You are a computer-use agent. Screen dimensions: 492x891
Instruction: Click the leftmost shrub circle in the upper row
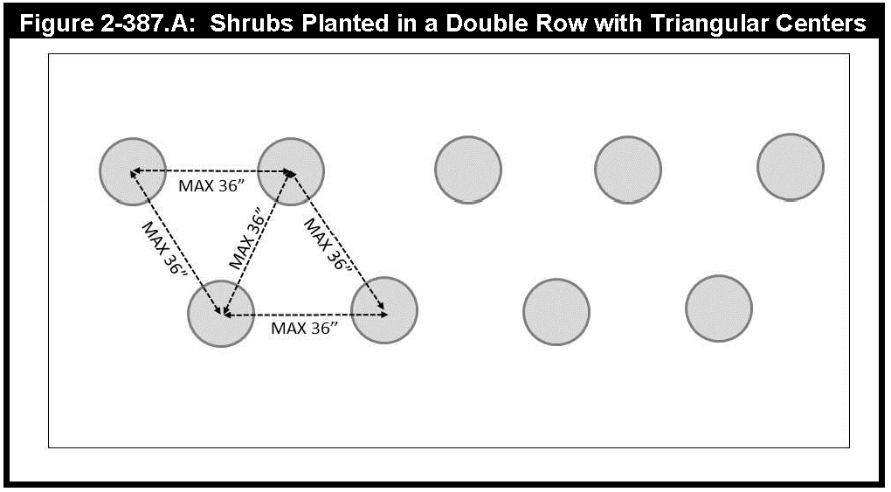(x=133, y=171)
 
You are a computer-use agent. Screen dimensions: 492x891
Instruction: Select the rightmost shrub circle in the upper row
(x=791, y=167)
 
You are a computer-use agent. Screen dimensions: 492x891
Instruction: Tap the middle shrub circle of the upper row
(x=468, y=170)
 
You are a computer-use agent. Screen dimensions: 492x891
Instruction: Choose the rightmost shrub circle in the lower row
(x=719, y=308)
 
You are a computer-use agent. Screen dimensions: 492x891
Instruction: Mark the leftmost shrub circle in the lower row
(x=221, y=313)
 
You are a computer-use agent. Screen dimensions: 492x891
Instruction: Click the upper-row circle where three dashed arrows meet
(x=291, y=171)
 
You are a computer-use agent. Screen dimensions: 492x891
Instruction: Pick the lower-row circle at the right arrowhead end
(x=384, y=311)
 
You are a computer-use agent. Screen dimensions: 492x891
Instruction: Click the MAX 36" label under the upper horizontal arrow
(x=211, y=186)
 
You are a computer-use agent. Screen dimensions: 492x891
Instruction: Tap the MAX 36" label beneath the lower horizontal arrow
(x=303, y=329)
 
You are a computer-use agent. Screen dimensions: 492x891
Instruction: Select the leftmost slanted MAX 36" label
(x=165, y=247)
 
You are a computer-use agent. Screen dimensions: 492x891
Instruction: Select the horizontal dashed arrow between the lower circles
(x=304, y=314)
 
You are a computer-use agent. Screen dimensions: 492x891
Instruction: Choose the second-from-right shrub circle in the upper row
(x=628, y=170)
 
